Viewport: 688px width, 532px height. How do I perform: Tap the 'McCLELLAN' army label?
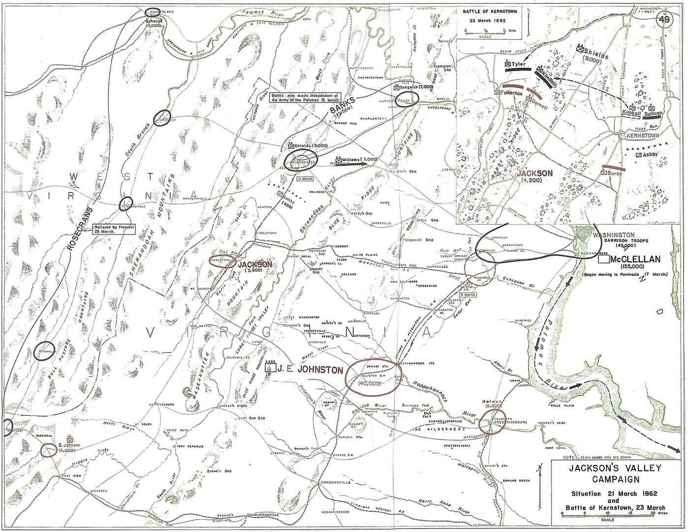633,259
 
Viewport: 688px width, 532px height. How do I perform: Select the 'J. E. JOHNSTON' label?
309,369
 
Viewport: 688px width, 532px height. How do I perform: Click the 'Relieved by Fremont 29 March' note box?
114,229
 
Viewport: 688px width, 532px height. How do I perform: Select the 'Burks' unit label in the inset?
615,173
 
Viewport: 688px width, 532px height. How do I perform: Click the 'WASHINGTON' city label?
613,234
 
